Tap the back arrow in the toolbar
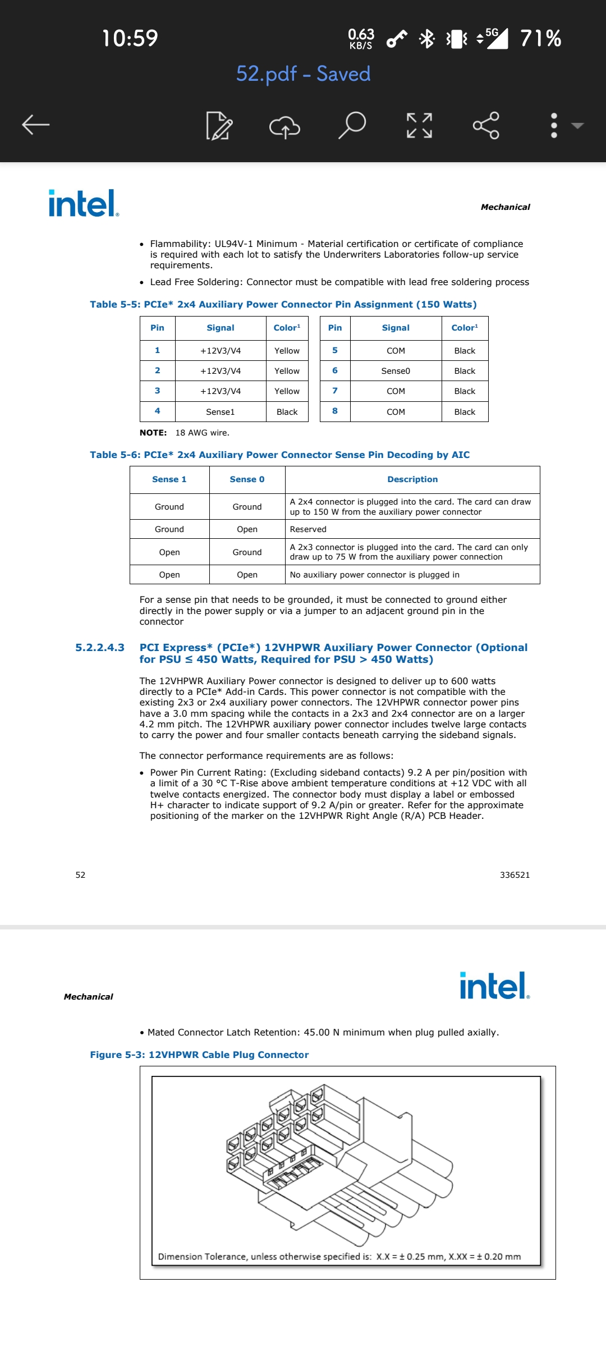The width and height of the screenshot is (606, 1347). tap(36, 125)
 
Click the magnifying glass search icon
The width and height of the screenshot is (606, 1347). tap(352, 125)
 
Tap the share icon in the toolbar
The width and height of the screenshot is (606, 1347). tap(486, 125)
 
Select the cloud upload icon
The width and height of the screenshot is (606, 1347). tap(285, 126)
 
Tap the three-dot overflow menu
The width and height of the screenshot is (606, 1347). tap(554, 125)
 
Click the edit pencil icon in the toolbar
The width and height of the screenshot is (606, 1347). tap(219, 125)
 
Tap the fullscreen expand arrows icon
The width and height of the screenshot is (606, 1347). tap(419, 125)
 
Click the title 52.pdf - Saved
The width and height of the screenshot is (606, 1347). tap(303, 74)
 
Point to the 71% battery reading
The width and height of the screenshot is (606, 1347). tap(540, 38)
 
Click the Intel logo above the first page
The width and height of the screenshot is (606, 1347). tap(83, 203)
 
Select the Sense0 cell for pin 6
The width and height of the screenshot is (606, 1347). tap(396, 371)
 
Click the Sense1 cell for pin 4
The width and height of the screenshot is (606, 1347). tap(220, 412)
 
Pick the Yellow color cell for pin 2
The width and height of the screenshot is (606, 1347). tap(287, 371)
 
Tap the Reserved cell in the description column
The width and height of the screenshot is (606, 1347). tap(308, 529)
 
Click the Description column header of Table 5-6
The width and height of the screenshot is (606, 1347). tap(412, 479)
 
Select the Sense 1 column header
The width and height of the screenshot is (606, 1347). tap(169, 479)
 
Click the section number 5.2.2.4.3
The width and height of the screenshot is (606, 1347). tap(100, 648)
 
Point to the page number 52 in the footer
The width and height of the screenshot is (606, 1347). tap(80, 875)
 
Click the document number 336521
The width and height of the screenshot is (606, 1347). tap(515, 875)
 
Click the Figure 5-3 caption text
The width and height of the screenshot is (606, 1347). tap(199, 1055)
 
